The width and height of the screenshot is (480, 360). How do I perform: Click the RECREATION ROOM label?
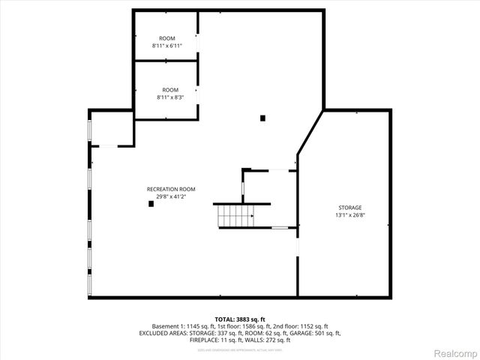[x=171, y=189]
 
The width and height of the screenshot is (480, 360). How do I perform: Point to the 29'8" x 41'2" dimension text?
[x=171, y=196]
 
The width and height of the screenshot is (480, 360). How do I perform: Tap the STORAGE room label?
[x=349, y=207]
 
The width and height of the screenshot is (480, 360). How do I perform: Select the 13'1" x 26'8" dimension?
[x=349, y=215]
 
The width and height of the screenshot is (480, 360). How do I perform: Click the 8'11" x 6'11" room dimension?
[x=166, y=46]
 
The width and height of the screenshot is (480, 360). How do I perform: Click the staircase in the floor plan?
[x=235, y=215]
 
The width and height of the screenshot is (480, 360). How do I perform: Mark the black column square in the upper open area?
[x=262, y=117]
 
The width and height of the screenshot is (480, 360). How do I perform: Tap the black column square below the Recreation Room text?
[x=151, y=204]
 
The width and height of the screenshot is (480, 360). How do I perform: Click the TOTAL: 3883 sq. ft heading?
[x=240, y=319]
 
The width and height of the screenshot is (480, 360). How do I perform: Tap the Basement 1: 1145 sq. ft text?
[x=179, y=326]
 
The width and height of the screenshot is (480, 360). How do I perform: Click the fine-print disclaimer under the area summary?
[x=240, y=349]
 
